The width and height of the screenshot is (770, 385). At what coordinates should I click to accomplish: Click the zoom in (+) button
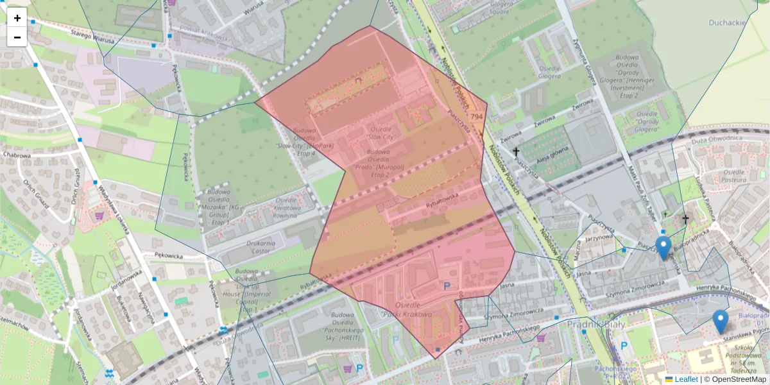point(17,18)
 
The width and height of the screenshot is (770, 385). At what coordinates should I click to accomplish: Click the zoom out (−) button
point(17,37)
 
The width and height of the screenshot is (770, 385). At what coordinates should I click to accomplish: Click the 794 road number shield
point(476,116)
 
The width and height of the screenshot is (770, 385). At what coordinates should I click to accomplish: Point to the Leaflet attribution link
point(686,379)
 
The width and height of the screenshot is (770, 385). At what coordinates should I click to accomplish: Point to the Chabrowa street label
point(17,155)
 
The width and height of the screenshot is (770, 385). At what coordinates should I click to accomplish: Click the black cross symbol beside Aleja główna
point(515,152)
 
